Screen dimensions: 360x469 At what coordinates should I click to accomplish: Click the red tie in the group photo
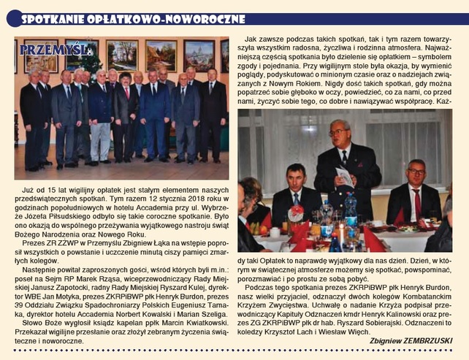point(125,91)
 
